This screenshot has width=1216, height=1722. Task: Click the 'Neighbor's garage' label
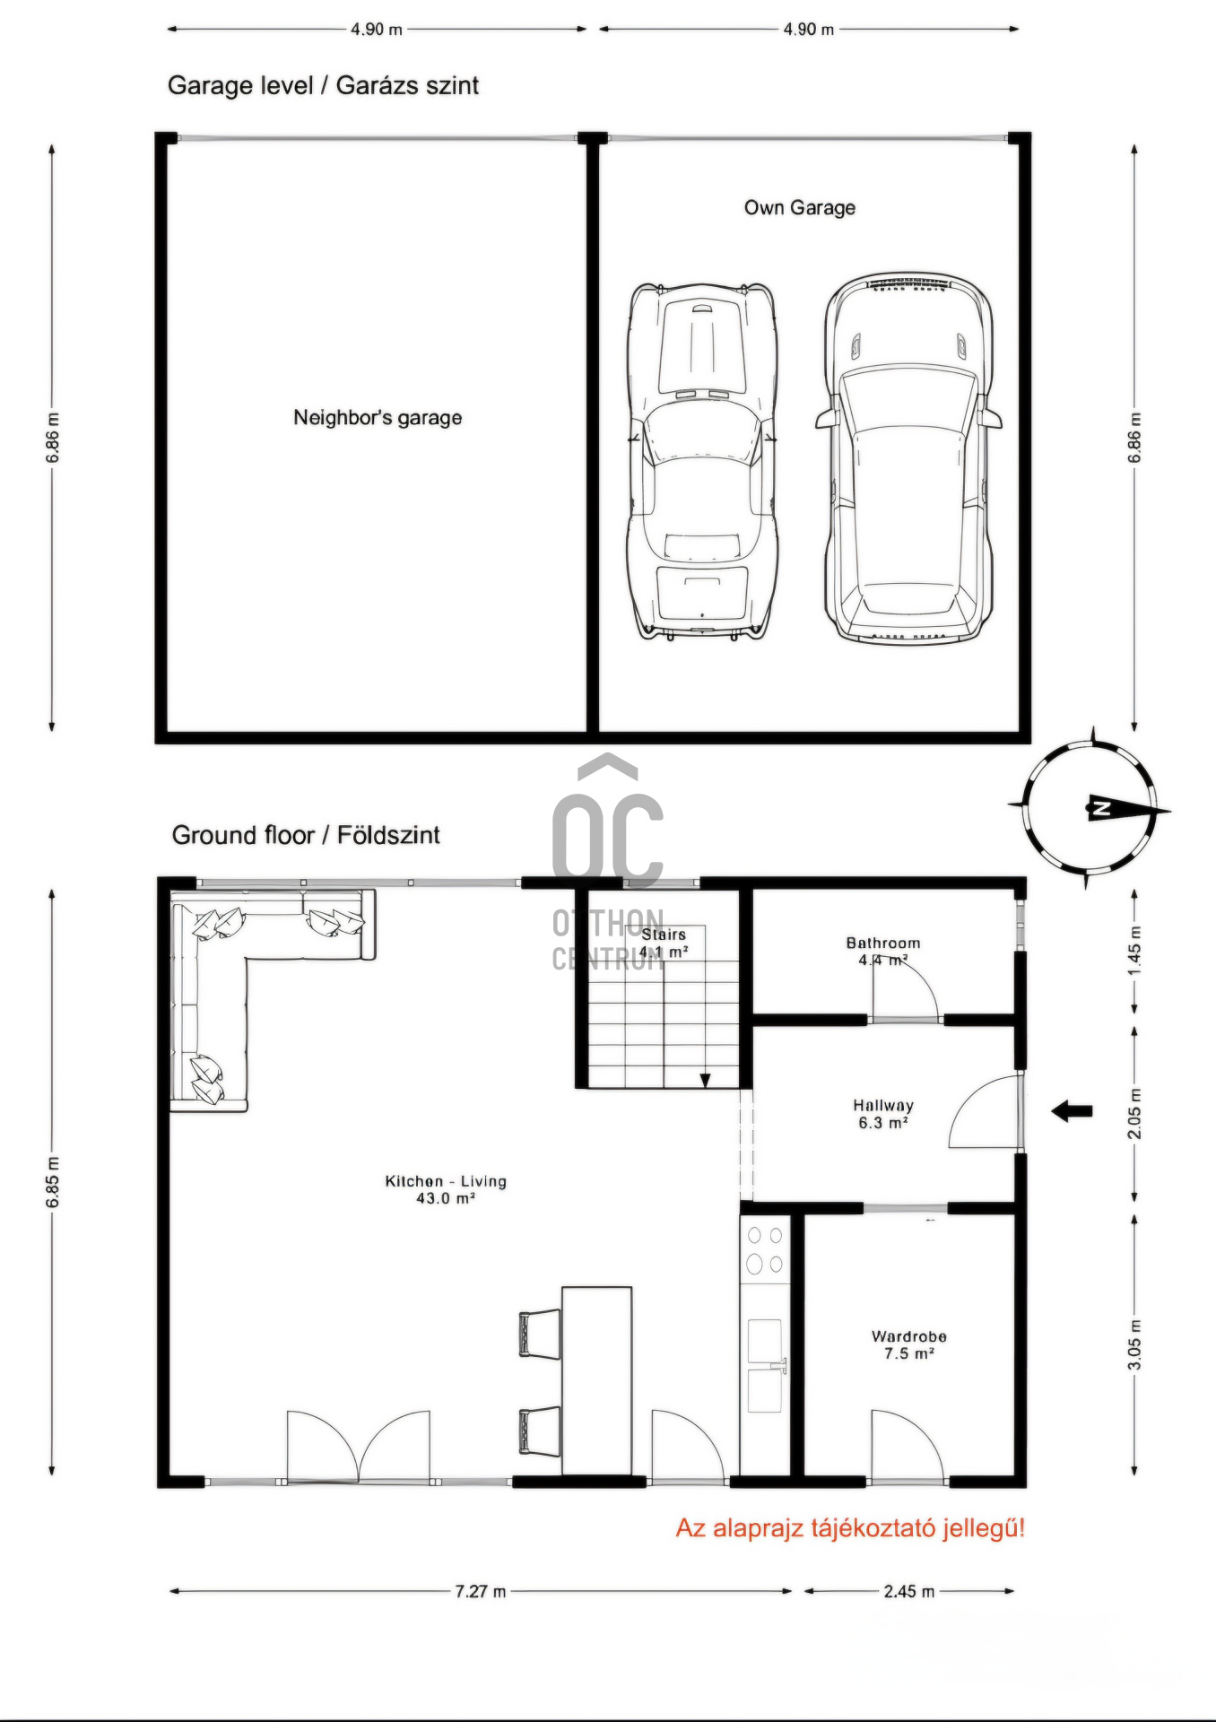pos(378,418)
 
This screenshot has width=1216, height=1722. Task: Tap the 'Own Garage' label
pos(800,208)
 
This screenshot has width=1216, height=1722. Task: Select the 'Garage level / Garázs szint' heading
pos(323,86)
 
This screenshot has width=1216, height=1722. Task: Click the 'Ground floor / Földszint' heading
pos(306,836)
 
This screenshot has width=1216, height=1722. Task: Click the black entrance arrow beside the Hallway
pos(1072,1112)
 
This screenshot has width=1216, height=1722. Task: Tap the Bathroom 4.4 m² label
pos(883,952)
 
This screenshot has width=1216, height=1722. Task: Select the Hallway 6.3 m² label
pos(883,1114)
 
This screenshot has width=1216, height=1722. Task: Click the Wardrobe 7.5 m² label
pos(909,1345)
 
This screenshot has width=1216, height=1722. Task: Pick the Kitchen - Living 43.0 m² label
pos(446,1190)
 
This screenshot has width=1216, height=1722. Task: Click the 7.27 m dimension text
pos(481,1592)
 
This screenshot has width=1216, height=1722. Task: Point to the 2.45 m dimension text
pos(909,1592)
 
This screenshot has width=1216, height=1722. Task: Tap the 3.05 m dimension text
pos(1135,1345)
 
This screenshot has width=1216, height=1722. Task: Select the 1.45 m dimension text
pos(1135,952)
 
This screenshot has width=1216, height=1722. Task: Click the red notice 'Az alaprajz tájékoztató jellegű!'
pos(850,1529)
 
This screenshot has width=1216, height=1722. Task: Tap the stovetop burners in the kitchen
pos(765,1250)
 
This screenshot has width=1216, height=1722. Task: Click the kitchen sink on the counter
pos(765,1365)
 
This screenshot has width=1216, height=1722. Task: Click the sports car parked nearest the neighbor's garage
pos(702,462)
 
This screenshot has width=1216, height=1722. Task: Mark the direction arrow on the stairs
pos(706,1081)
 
